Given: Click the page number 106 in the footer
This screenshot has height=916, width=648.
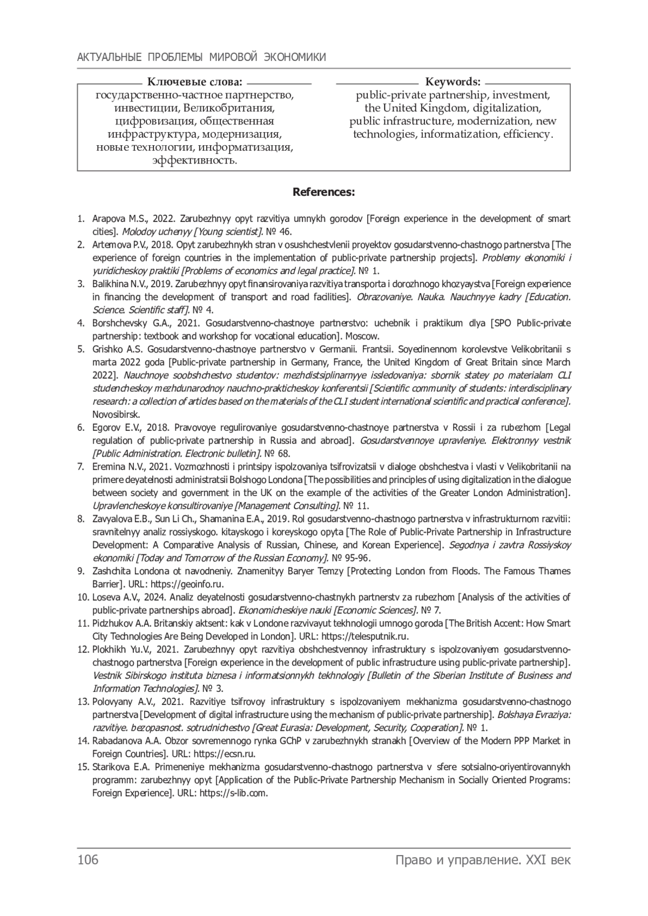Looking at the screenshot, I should pyautogui.click(x=88, y=860).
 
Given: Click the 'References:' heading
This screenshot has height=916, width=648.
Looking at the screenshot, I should pyautogui.click(x=323, y=192).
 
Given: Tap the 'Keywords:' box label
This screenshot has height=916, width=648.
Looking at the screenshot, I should pyautogui.click(x=453, y=82).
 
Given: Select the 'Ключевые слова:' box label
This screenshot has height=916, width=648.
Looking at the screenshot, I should pyautogui.click(x=195, y=82).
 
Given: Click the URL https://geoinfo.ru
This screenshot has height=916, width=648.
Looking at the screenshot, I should pyautogui.click(x=187, y=584).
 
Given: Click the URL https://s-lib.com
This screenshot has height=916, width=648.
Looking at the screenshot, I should pyautogui.click(x=234, y=793).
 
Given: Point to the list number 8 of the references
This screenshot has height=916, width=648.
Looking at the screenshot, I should pyautogui.click(x=81, y=519).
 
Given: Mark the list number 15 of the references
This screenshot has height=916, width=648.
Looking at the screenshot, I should pyautogui.click(x=83, y=767).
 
